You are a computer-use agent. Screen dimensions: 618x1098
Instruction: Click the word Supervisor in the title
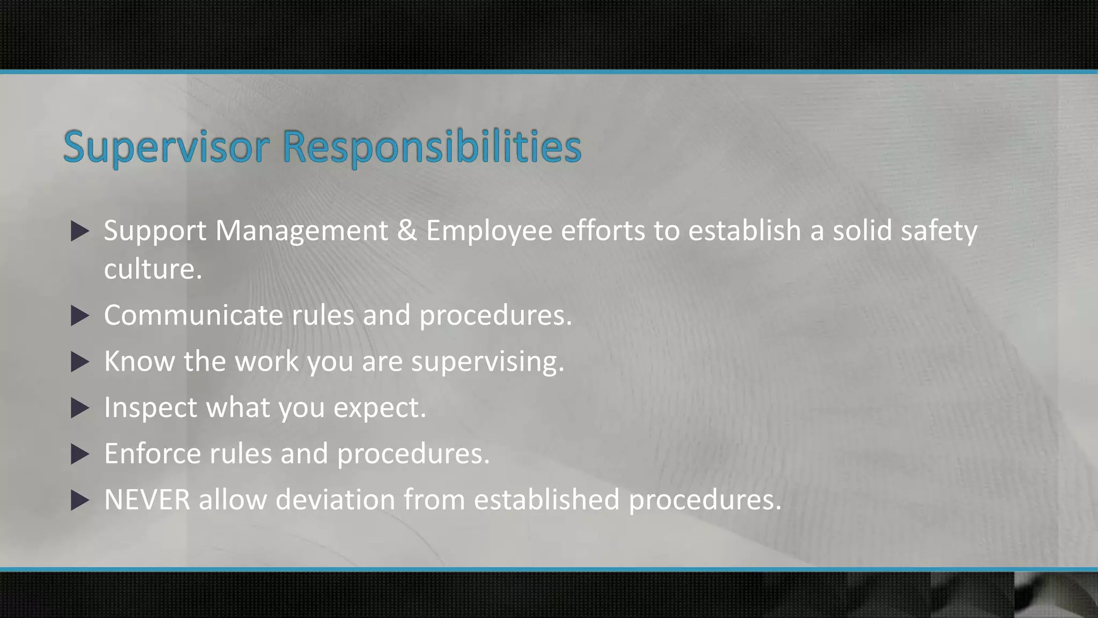166,146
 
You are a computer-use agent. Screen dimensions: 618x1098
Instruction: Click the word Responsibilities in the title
432,146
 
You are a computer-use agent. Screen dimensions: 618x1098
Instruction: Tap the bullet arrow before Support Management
80,231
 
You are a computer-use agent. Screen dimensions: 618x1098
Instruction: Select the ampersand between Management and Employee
407,231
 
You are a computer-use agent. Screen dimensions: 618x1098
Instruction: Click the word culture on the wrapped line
153,269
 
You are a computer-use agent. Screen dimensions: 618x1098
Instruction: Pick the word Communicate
193,315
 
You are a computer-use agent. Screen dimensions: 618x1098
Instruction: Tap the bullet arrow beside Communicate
80,316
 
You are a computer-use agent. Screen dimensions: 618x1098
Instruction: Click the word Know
139,361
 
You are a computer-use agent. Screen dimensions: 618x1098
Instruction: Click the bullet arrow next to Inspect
80,408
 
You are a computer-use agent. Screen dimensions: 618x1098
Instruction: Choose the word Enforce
152,454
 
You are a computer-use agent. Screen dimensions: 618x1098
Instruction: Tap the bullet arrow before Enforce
80,454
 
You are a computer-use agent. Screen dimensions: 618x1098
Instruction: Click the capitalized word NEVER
147,500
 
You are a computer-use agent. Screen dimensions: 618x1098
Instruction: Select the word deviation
335,500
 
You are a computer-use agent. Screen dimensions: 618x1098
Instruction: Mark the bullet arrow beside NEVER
80,501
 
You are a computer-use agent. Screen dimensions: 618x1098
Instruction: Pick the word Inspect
151,408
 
